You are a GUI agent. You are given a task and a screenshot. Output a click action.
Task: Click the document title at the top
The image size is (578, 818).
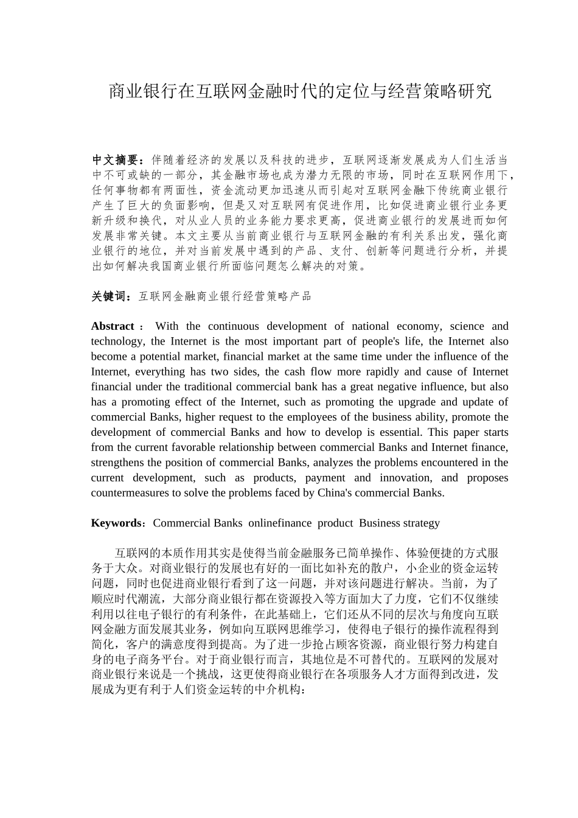[x=299, y=92]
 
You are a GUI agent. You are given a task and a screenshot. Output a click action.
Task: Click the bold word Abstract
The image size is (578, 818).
[x=113, y=326]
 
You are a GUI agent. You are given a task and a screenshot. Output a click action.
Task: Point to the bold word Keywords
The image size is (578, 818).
[x=116, y=523]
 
